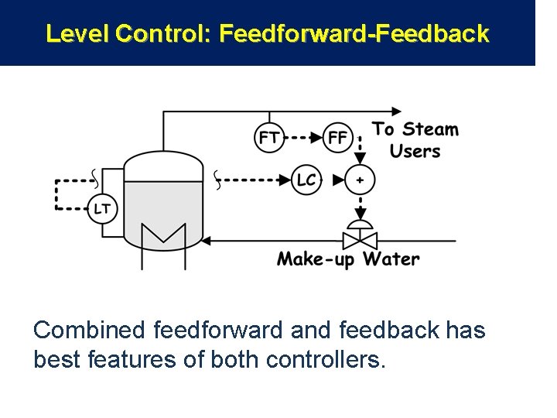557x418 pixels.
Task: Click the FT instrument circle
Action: (x=269, y=139)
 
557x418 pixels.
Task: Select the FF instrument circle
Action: (x=338, y=139)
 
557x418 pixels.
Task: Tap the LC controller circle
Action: (x=306, y=180)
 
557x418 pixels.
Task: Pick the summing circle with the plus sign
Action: (x=359, y=180)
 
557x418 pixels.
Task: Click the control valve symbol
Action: (x=359, y=237)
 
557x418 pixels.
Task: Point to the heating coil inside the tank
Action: (x=164, y=235)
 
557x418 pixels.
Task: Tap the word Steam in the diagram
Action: (x=430, y=129)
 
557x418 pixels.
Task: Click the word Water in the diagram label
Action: (x=391, y=258)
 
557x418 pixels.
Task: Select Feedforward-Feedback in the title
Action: (x=354, y=33)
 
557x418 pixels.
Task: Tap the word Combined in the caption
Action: (x=89, y=331)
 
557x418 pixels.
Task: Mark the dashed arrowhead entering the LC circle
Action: (x=288, y=180)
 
